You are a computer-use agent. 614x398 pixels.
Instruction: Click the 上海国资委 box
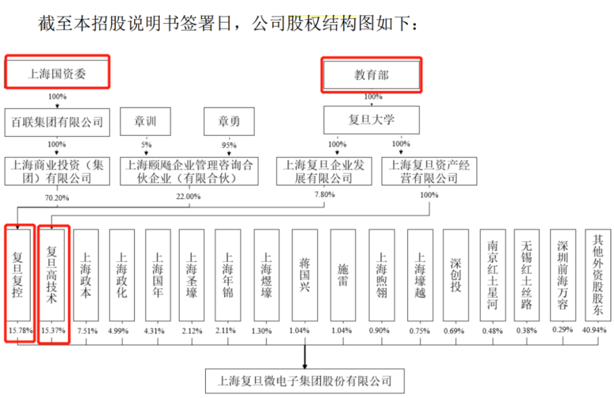(x=57, y=73)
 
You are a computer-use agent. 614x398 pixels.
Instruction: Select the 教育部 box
(x=371, y=75)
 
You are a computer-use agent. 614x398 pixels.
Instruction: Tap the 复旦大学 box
(x=371, y=120)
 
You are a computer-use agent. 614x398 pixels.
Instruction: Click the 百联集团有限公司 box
(x=57, y=123)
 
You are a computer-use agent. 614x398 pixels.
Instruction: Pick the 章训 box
(x=146, y=121)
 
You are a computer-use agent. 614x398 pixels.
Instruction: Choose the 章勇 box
(x=229, y=121)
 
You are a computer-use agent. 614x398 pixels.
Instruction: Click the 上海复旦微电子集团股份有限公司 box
(x=305, y=381)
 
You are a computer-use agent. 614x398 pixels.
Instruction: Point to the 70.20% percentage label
(x=57, y=198)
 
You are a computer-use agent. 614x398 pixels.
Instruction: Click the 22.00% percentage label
(x=188, y=196)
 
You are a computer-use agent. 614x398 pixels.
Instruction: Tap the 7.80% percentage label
(x=325, y=194)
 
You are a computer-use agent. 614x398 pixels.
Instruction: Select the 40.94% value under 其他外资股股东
(x=594, y=330)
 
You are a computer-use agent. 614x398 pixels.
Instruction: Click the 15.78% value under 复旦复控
(x=20, y=331)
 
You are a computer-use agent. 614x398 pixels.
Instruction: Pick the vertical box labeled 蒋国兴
(x=305, y=275)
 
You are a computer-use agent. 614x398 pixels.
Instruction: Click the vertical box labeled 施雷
(x=343, y=275)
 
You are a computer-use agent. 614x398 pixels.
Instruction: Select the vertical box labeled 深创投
(x=456, y=275)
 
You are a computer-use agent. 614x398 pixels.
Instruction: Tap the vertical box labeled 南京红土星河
(x=492, y=275)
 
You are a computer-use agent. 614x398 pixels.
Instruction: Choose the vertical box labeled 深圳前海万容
(x=563, y=275)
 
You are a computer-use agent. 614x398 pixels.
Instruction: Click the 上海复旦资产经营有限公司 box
(x=429, y=171)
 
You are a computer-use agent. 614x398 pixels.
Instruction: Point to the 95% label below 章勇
(x=229, y=145)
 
